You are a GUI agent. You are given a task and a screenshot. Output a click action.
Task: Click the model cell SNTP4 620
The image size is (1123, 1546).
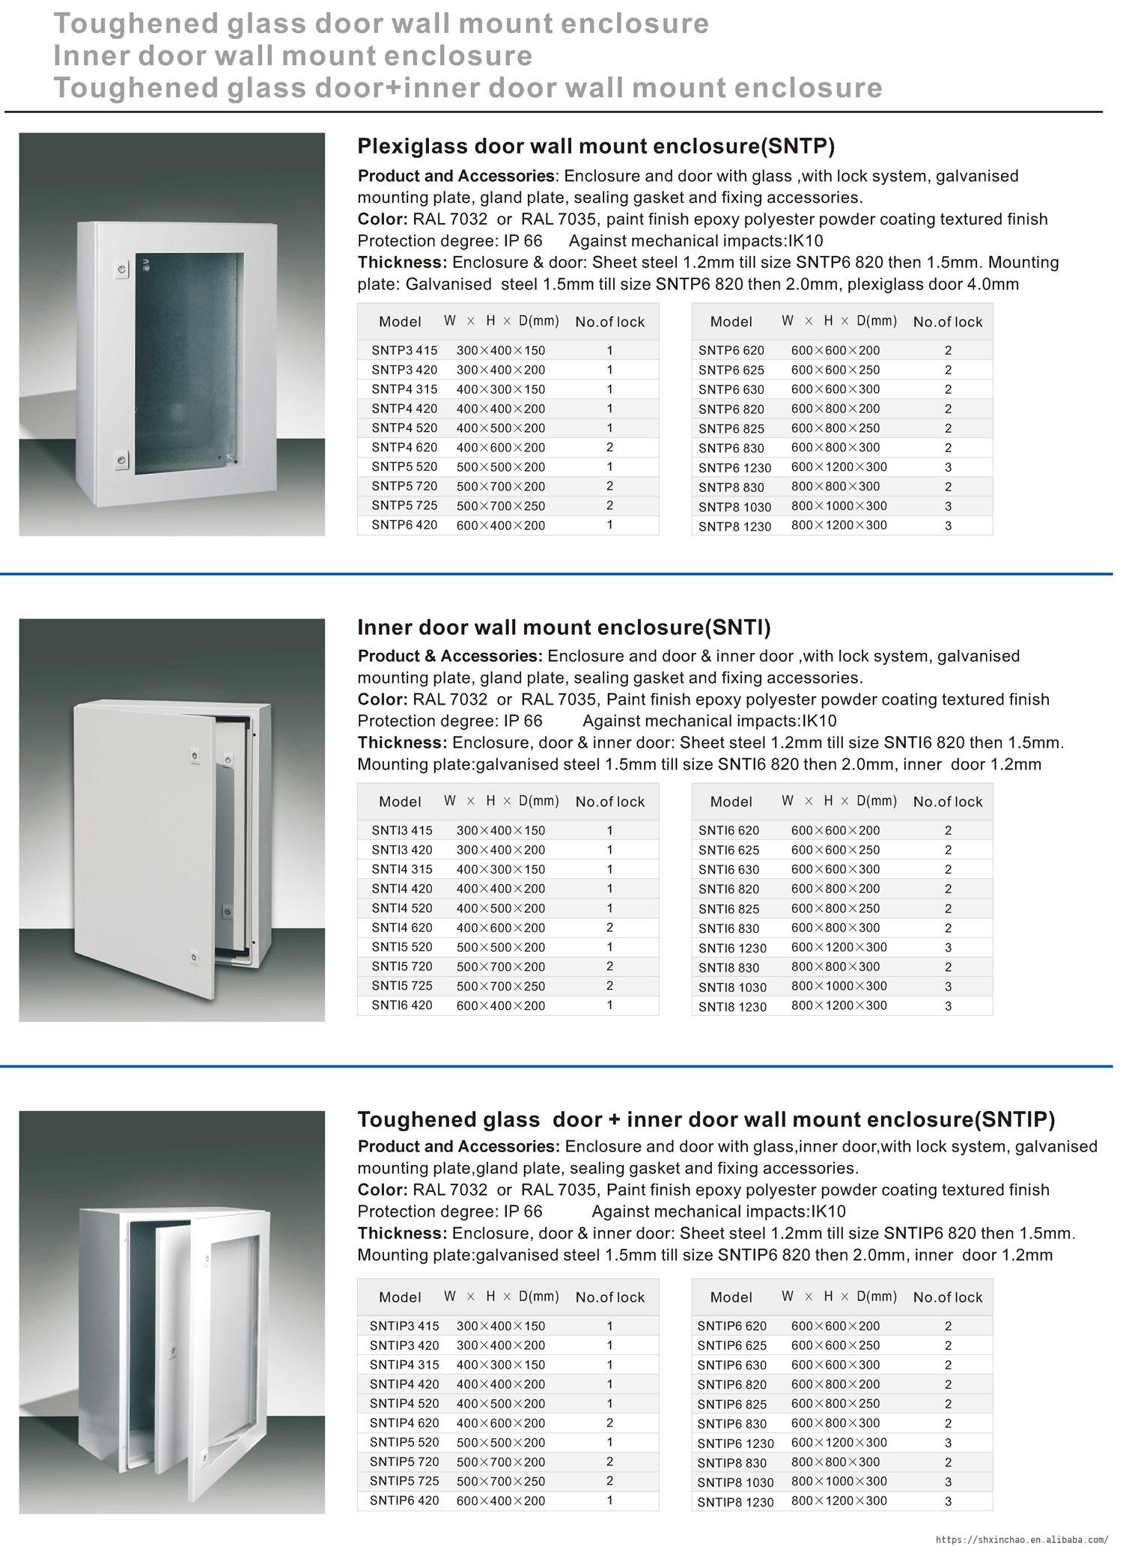pos(404,448)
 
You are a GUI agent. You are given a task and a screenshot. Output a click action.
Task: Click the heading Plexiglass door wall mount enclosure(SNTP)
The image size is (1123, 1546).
pos(595,145)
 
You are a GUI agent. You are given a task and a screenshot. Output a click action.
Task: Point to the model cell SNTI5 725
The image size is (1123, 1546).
pos(402,986)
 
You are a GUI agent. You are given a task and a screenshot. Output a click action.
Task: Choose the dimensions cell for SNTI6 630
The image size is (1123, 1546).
pos(836,869)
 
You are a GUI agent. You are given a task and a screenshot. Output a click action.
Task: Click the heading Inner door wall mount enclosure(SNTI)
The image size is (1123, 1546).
pos(564,627)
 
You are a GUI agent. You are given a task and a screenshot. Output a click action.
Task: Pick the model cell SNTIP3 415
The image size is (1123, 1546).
pos(404,1326)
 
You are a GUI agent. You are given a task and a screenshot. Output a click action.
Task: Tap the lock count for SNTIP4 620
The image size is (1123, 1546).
pos(610,1423)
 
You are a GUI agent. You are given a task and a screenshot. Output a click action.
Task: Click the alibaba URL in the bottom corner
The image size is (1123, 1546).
pos(1022,1537)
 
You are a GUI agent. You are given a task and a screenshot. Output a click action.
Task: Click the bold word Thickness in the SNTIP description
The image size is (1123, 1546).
pos(401,1233)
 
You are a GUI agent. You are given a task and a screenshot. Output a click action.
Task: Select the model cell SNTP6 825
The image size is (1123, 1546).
pos(731,428)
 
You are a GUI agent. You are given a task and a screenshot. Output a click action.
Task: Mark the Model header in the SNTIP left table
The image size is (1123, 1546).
pos(400,1297)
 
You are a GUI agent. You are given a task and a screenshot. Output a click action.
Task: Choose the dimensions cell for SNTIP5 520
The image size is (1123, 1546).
pos(501,1443)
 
